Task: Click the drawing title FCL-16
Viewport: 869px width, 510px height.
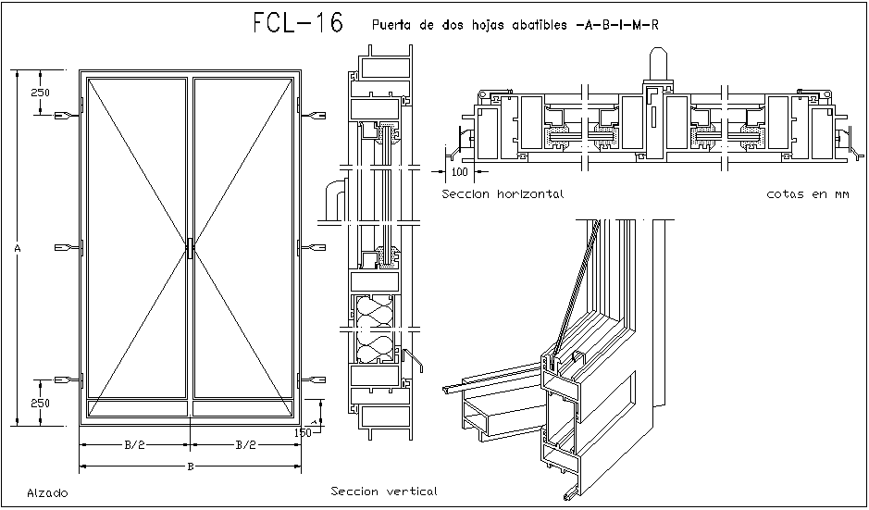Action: pyautogui.click(x=297, y=24)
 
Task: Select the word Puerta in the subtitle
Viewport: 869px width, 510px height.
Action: pyautogui.click(x=391, y=25)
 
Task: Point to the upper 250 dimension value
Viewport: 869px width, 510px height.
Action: pyautogui.click(x=40, y=93)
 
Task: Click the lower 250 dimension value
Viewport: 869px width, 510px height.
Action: pyautogui.click(x=40, y=403)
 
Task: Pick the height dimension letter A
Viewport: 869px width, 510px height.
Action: pyautogui.click(x=18, y=248)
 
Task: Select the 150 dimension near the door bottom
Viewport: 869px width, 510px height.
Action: pyautogui.click(x=303, y=432)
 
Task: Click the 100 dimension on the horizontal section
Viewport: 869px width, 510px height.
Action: pyautogui.click(x=460, y=172)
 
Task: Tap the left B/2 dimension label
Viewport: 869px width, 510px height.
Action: pyautogui.click(x=134, y=445)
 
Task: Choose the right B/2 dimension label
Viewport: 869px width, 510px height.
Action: pyautogui.click(x=245, y=445)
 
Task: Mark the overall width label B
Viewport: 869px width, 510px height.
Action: pyautogui.click(x=190, y=466)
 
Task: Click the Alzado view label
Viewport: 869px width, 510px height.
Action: pyautogui.click(x=47, y=493)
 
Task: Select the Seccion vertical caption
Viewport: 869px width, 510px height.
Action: pyautogui.click(x=383, y=491)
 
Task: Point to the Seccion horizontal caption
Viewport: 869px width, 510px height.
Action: pyautogui.click(x=503, y=194)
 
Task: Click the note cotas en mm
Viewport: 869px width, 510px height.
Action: pyautogui.click(x=808, y=194)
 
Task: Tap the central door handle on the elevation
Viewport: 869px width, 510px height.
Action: pyautogui.click(x=190, y=248)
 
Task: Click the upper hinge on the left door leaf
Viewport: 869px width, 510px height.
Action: pyautogui.click(x=67, y=116)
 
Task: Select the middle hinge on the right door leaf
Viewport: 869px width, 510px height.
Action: pyautogui.click(x=313, y=248)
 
